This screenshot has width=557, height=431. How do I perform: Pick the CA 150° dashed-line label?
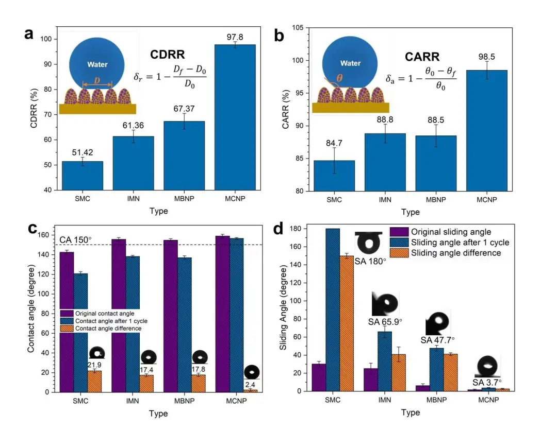click(75, 240)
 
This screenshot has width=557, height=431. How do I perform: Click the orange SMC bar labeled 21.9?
click(94, 381)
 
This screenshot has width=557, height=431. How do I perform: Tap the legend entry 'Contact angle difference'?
click(108, 328)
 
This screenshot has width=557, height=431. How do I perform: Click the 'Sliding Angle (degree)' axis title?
click(283, 308)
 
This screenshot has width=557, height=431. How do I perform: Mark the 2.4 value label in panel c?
click(252, 384)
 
